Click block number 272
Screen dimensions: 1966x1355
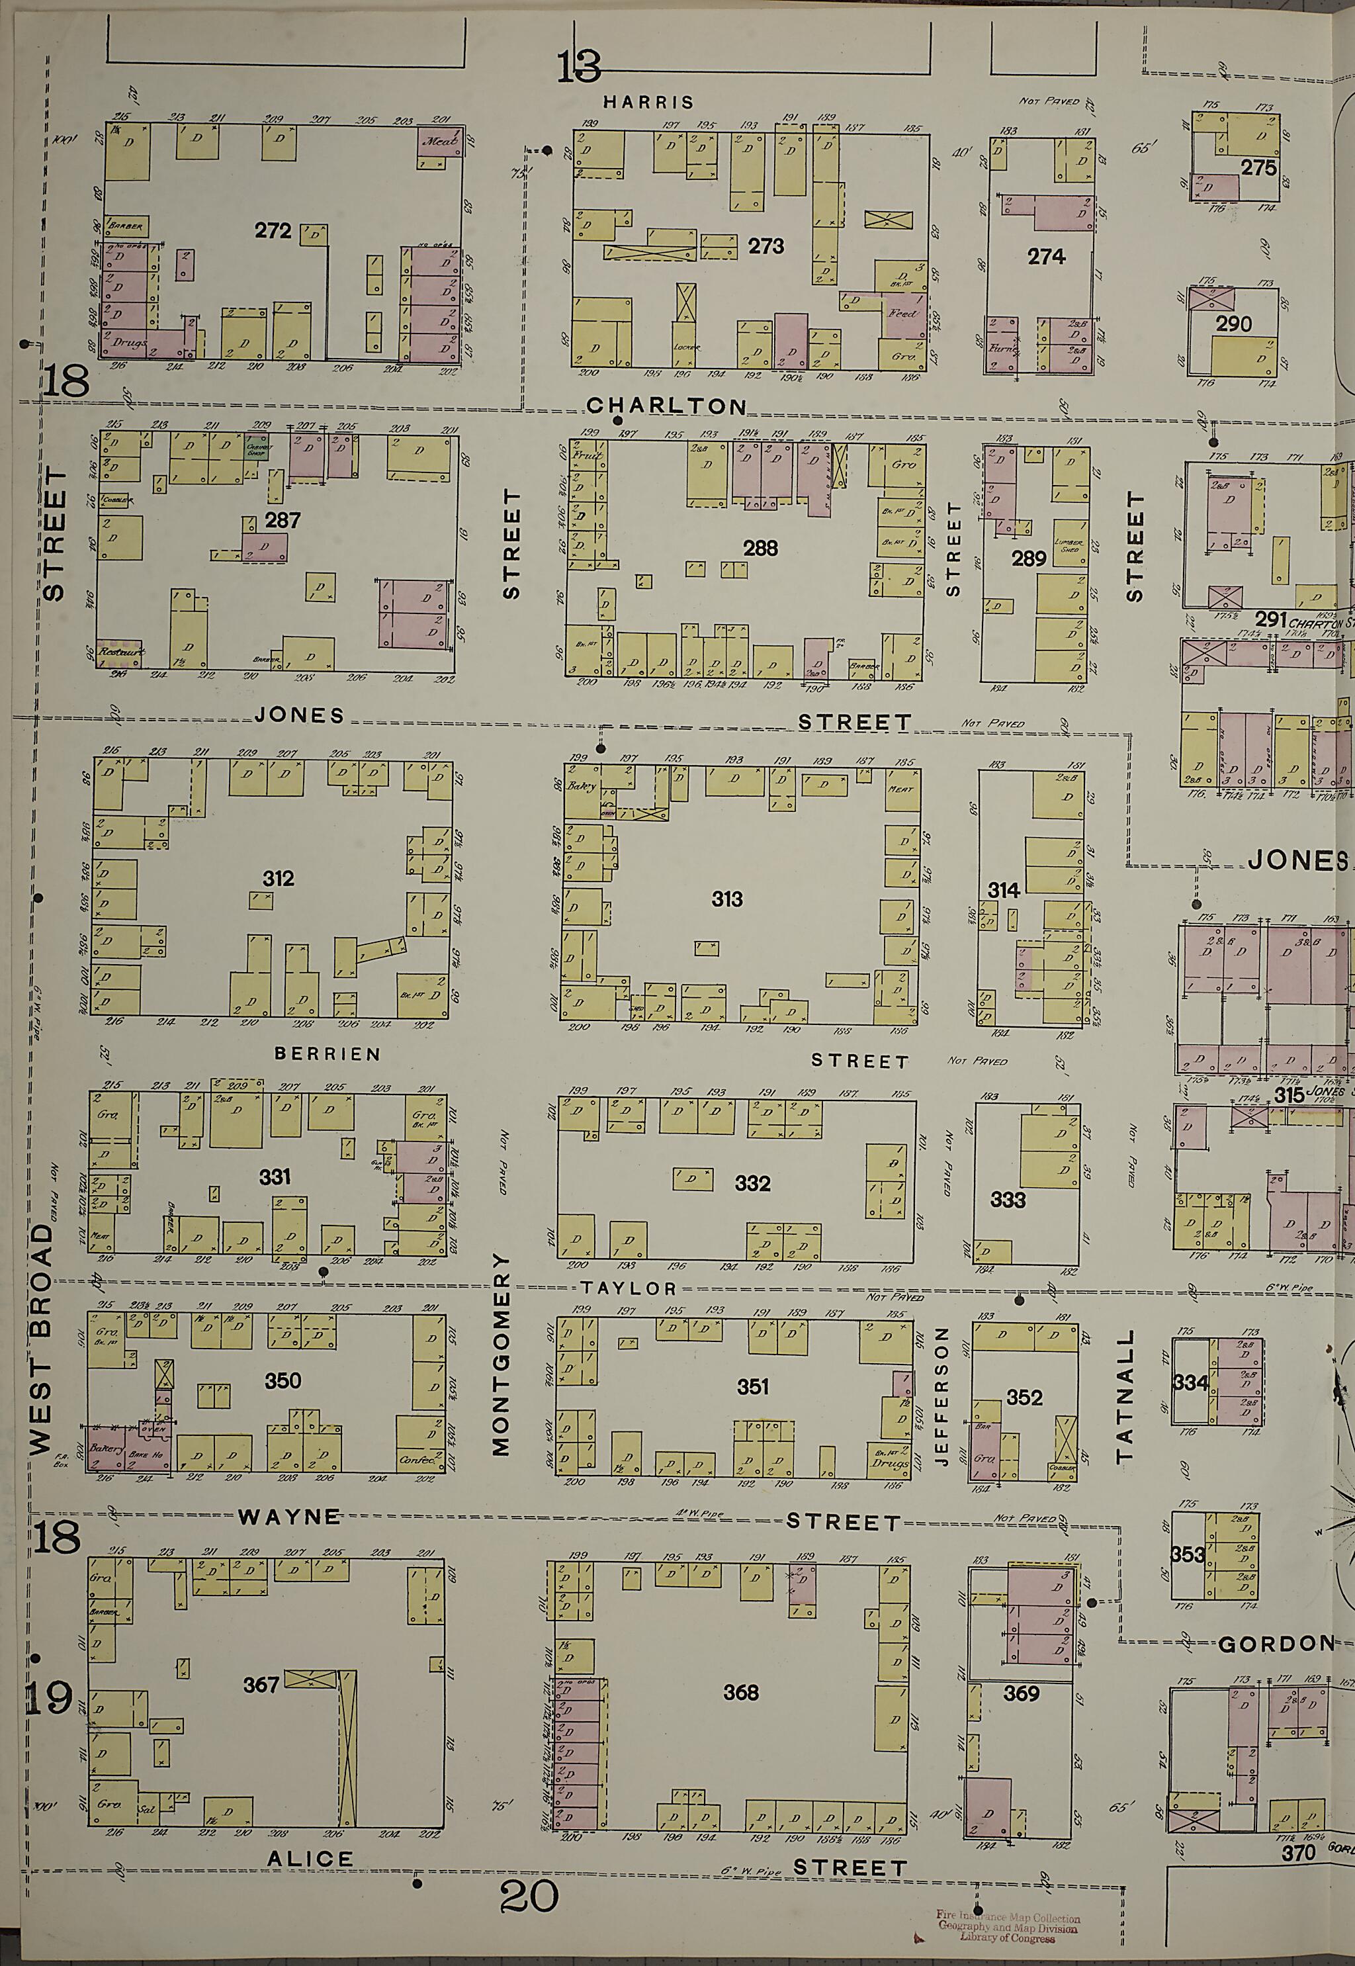click(x=273, y=231)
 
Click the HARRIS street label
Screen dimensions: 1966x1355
click(x=648, y=103)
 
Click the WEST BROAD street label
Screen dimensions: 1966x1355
click(x=42, y=1350)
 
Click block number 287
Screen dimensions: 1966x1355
click(x=282, y=519)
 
